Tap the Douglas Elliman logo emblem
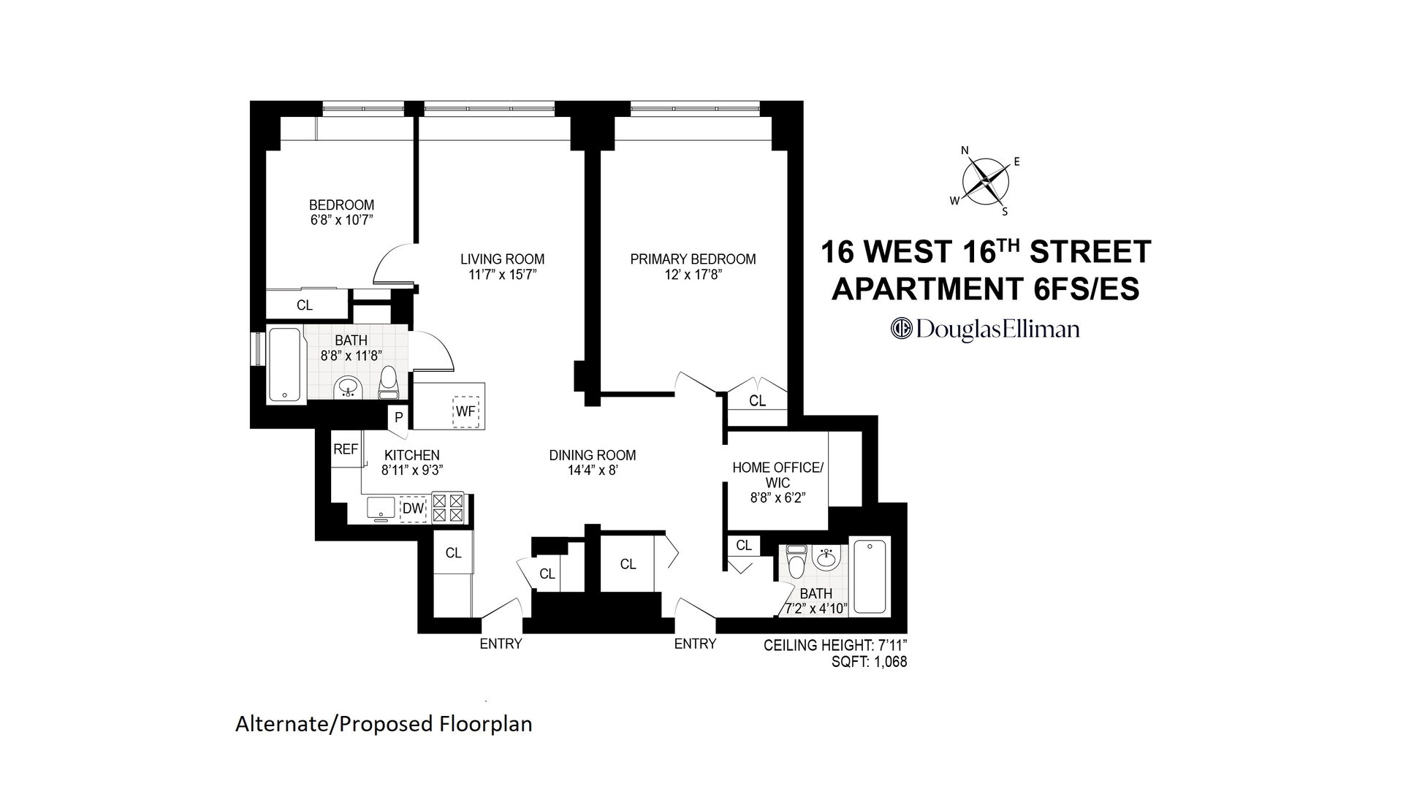902,329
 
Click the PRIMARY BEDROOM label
693,259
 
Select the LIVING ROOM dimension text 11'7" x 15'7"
503,275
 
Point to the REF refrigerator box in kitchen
346,449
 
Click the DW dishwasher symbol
413,508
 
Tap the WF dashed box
465,411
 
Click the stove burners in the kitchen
448,508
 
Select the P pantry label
398,418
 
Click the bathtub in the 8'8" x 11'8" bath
285,365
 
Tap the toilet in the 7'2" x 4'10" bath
796,561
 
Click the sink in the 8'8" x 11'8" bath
349,388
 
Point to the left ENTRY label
501,644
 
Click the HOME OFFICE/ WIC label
777,475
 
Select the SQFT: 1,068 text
869,663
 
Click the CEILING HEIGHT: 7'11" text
834,646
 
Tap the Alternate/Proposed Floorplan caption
384,724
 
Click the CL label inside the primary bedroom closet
757,401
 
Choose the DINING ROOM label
593,455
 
